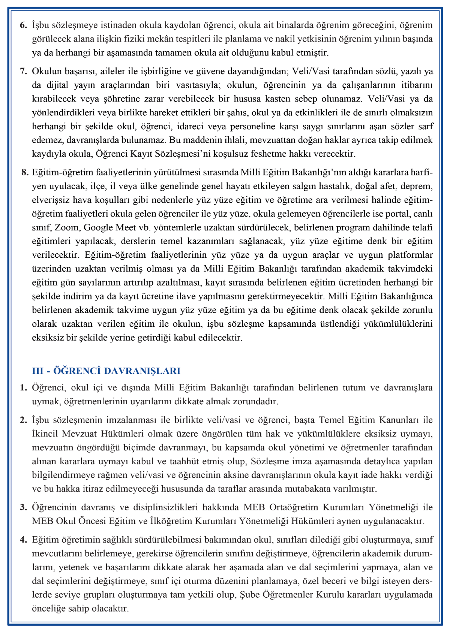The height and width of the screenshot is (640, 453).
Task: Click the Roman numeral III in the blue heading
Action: pos(38,371)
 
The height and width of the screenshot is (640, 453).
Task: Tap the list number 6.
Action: pos(23,25)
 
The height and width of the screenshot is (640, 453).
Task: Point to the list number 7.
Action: pos(23,71)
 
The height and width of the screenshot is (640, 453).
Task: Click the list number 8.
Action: pos(25,172)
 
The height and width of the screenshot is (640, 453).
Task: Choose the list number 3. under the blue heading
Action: pos(23,507)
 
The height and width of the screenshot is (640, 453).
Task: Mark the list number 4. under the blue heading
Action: pos(23,540)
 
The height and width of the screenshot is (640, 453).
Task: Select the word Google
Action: pos(97,227)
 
